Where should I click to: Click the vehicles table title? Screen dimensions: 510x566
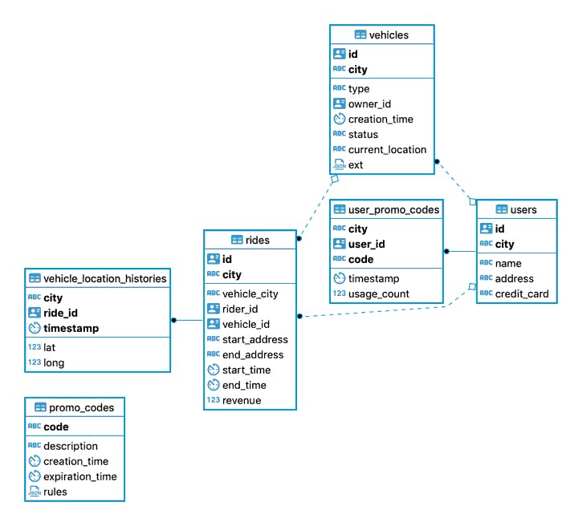(389, 34)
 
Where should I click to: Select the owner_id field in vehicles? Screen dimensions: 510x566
(369, 104)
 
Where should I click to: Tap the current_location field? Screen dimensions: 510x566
(387, 149)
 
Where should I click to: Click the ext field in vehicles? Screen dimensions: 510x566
(356, 164)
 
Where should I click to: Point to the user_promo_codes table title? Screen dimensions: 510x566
(393, 210)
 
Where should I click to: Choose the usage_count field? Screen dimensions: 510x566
(378, 293)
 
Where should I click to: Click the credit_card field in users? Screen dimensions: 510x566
(521, 293)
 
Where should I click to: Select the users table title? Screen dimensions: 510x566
(523, 210)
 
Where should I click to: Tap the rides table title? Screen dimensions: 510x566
(257, 240)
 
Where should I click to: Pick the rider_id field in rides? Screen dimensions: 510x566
(240, 309)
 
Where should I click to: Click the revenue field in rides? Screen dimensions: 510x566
(242, 400)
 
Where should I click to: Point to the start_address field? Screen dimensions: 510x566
(254, 339)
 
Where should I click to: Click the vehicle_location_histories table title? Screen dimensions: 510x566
(104, 278)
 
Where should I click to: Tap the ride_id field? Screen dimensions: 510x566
(60, 313)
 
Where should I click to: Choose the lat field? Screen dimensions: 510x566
(51, 347)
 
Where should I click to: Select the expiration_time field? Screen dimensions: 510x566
(80, 476)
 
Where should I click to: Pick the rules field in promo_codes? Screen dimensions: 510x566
(55, 492)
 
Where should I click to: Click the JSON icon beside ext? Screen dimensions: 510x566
(339, 164)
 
